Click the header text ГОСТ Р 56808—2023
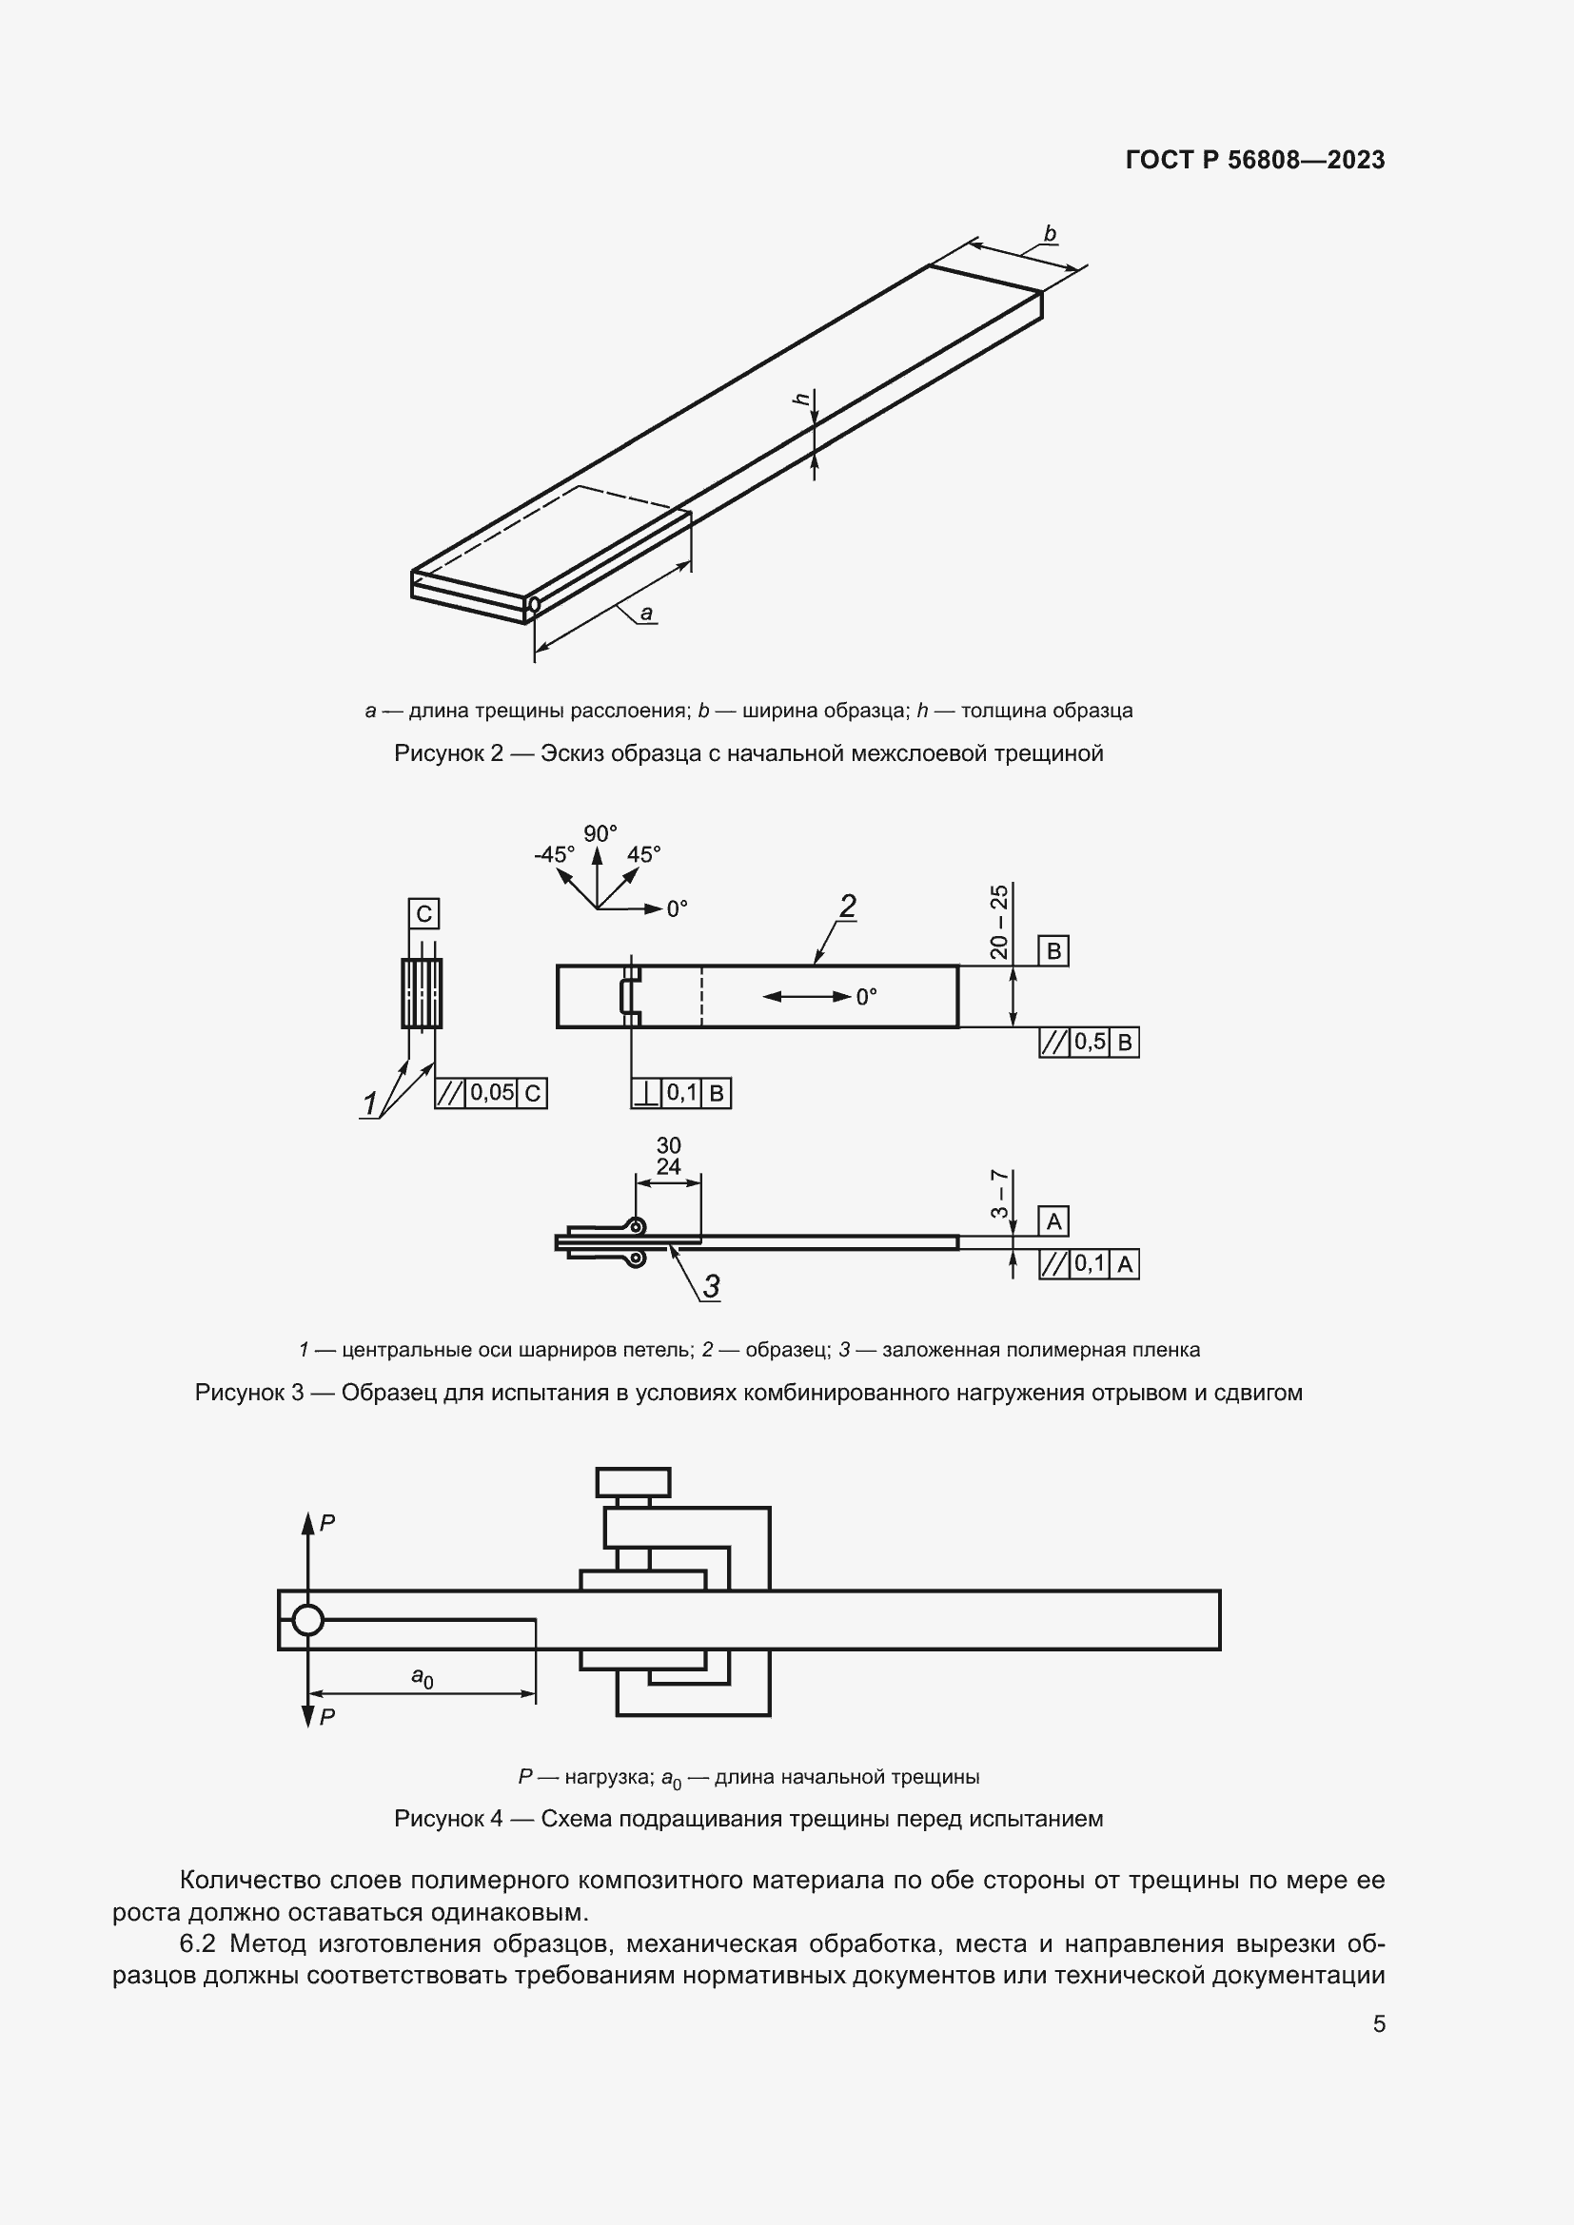tap(1254, 160)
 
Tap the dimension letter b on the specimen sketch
tap(1049, 234)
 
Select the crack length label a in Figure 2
tap(646, 613)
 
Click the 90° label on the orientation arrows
tap(599, 833)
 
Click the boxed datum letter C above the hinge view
tap(423, 914)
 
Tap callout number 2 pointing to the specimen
tap(846, 908)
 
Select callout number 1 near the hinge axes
tap(370, 1103)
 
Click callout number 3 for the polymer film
tap(711, 1286)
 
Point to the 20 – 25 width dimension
tap(999, 922)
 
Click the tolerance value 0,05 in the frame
tap(491, 1093)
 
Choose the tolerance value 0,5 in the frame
tap(1090, 1043)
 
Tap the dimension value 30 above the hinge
tap(668, 1145)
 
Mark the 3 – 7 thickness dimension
tap(999, 1195)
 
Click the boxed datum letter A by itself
tap(1053, 1222)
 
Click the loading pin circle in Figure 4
tap(307, 1619)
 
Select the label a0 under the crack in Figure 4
tap(422, 1676)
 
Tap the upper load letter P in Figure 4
tap(327, 1523)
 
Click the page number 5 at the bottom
tap(1378, 2023)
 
